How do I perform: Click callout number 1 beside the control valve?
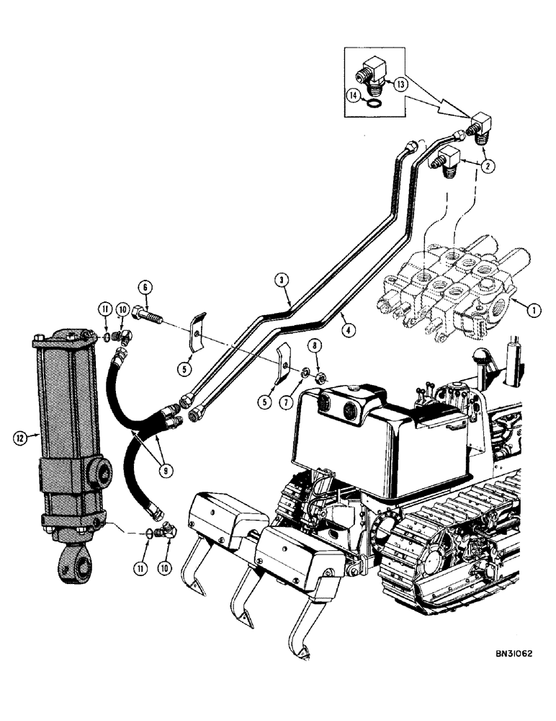tap(534, 311)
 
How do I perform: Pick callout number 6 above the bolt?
tap(146, 287)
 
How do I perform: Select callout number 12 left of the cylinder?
tap(19, 436)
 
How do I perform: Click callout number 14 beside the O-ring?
tap(354, 95)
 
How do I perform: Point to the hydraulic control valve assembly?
tap(454, 292)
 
